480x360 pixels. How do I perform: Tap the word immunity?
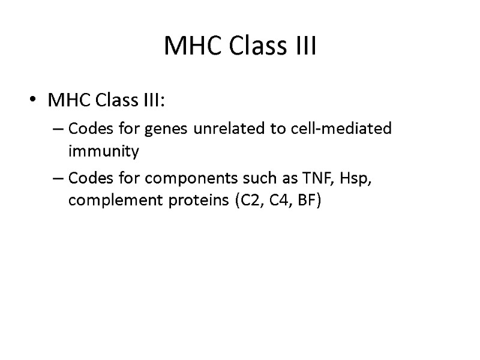click(104, 152)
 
